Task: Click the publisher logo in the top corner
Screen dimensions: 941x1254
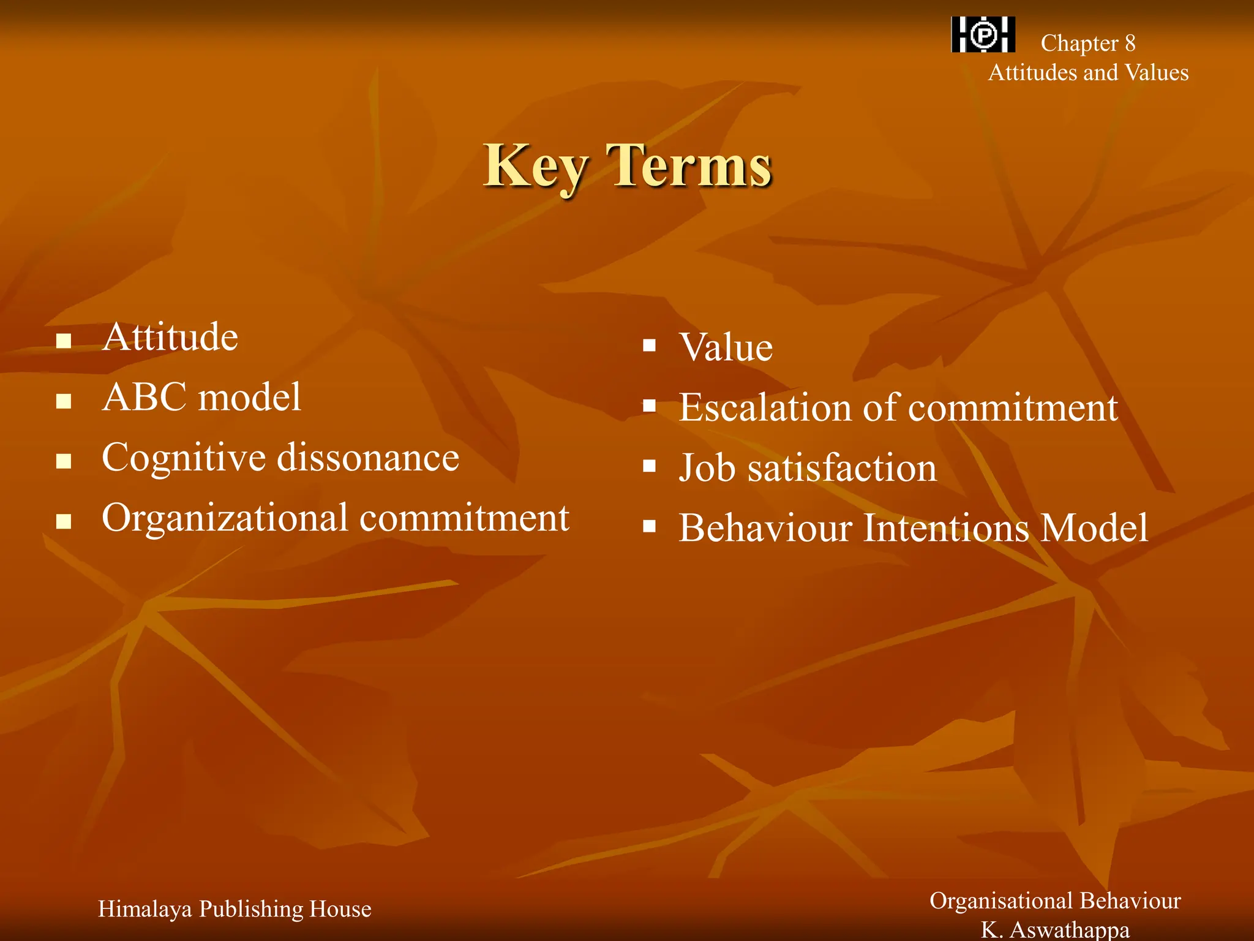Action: click(x=983, y=34)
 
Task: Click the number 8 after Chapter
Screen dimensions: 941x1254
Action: click(x=1130, y=43)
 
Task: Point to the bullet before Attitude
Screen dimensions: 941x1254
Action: click(x=64, y=341)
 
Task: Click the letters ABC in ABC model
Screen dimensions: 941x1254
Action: click(x=145, y=397)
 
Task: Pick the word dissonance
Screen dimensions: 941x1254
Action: click(x=369, y=457)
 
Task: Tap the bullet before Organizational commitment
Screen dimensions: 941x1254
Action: click(x=64, y=521)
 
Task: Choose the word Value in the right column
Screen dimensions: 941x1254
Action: click(x=726, y=347)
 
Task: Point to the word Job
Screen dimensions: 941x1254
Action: click(x=707, y=469)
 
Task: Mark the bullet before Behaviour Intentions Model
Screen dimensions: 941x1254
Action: click(x=650, y=526)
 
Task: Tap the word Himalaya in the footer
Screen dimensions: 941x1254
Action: click(x=145, y=909)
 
